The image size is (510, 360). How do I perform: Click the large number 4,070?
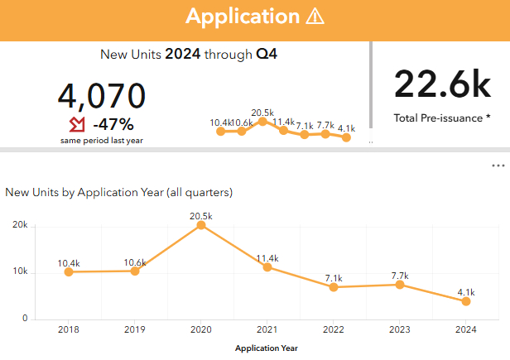(x=101, y=96)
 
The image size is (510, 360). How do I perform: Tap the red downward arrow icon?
(x=77, y=125)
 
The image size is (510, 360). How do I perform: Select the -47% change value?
(x=113, y=125)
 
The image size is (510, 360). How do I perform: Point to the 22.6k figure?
(x=443, y=84)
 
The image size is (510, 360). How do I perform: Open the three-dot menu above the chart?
(x=498, y=166)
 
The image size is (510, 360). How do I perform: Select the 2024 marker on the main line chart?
(x=466, y=301)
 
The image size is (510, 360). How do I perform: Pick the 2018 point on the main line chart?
(x=69, y=271)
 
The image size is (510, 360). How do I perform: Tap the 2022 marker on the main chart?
(x=334, y=287)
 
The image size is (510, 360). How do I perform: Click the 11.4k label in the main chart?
(x=267, y=257)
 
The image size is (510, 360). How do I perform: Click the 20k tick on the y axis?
(x=19, y=225)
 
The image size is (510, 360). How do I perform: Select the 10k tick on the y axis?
(x=19, y=272)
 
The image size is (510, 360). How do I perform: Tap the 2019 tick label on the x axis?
(x=135, y=329)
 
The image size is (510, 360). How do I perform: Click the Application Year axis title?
(x=267, y=348)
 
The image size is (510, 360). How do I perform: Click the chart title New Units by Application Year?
(x=118, y=192)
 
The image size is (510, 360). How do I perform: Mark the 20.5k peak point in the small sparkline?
(x=262, y=122)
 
